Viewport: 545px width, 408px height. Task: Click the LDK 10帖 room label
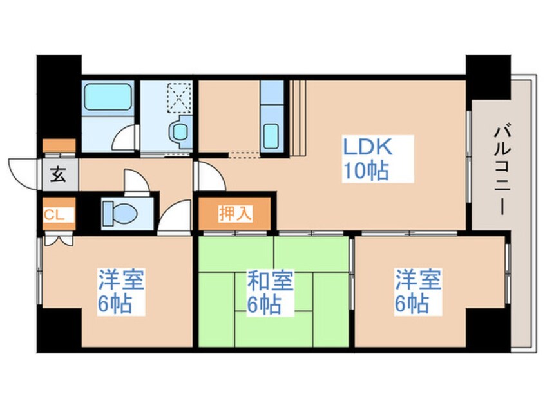click(x=366, y=159)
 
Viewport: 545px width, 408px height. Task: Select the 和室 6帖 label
click(x=271, y=292)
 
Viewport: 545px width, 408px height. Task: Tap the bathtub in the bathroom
click(x=108, y=98)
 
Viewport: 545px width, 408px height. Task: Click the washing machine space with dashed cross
click(x=178, y=97)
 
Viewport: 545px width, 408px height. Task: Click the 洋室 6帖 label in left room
click(x=121, y=292)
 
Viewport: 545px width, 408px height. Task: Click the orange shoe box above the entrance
click(x=59, y=145)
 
